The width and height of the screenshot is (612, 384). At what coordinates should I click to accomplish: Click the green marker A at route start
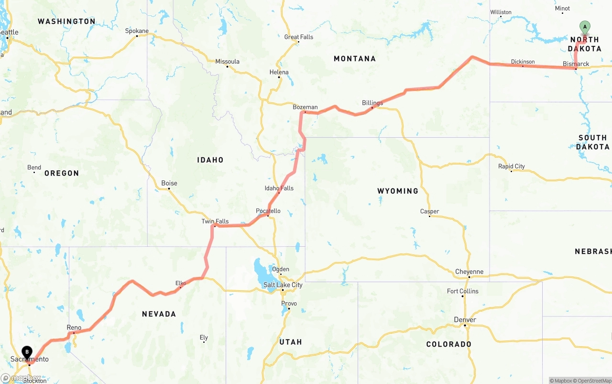point(584,27)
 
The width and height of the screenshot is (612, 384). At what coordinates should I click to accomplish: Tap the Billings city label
point(372,103)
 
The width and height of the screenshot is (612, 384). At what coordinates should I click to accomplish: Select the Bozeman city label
point(305,107)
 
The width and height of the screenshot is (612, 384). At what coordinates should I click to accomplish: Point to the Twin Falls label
point(215,221)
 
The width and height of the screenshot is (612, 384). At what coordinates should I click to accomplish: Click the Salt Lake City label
point(283,285)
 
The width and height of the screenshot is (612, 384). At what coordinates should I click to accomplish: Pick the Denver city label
point(465,320)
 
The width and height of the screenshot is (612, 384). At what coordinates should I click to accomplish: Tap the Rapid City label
point(511,166)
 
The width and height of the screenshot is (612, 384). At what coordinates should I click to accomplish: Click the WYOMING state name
point(397,191)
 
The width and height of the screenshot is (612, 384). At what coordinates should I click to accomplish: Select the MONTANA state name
point(354,59)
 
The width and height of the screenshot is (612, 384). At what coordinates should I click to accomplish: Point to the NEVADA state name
point(159,314)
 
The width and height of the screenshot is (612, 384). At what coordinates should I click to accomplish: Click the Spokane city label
point(137,31)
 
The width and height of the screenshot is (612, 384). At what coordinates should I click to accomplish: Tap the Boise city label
point(169,183)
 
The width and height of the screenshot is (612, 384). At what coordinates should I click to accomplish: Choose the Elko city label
point(181,283)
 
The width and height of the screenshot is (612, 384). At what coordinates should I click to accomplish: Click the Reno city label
point(74,328)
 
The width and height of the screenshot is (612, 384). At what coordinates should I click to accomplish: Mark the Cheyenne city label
point(469,272)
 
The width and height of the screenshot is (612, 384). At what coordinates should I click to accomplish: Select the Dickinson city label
point(523,62)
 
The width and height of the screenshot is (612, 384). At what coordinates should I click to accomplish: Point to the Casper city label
point(429,211)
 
